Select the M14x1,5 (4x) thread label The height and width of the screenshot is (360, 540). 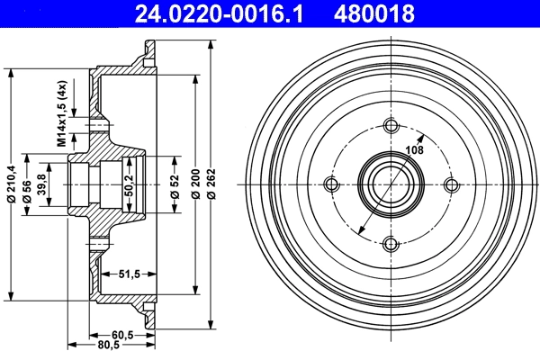(x=62, y=112)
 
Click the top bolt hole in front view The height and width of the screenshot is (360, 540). (x=391, y=126)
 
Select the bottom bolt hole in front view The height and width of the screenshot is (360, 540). (x=391, y=243)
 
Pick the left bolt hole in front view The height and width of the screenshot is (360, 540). (x=332, y=184)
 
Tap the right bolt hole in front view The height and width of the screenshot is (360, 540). (x=449, y=184)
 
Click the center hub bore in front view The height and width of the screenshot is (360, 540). (x=391, y=184)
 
